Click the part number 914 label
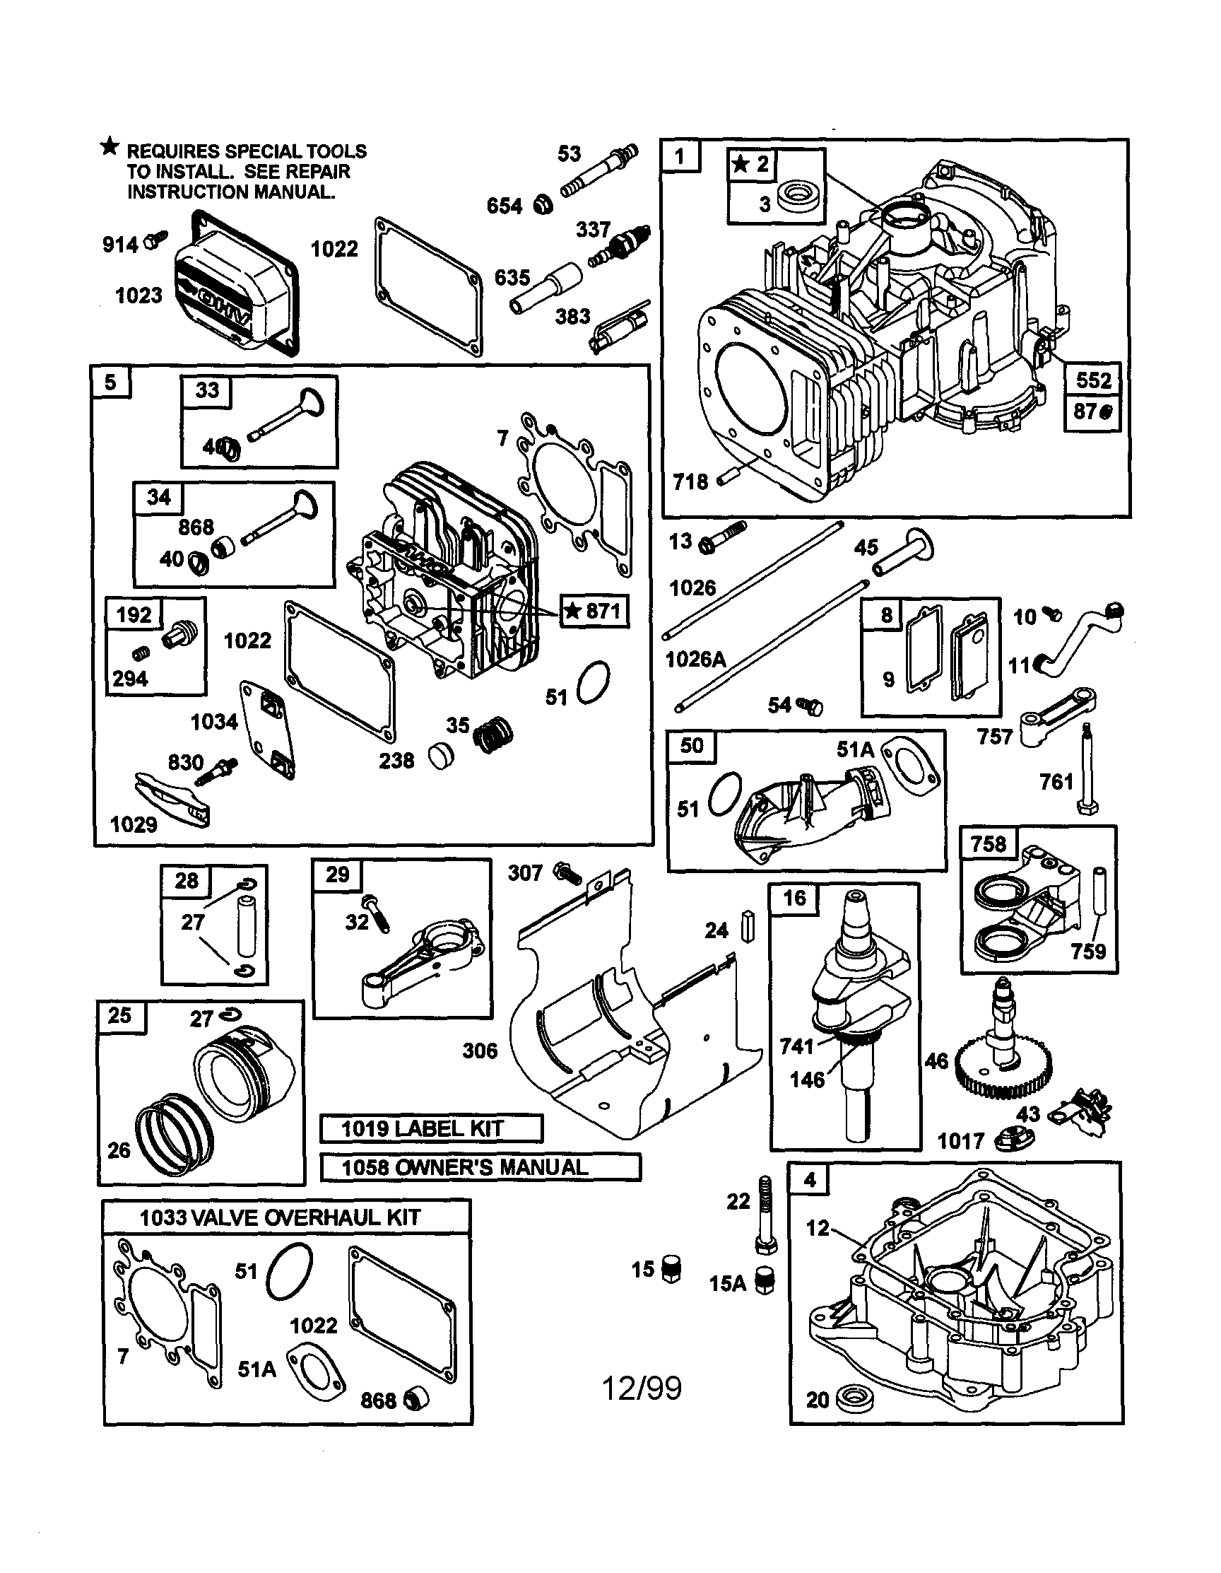coord(119,245)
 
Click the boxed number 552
coord(1092,380)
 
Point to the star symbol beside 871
coord(572,612)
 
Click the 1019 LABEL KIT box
coord(430,1128)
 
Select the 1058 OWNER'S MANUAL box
coord(480,1166)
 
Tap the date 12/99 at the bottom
coord(641,1388)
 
